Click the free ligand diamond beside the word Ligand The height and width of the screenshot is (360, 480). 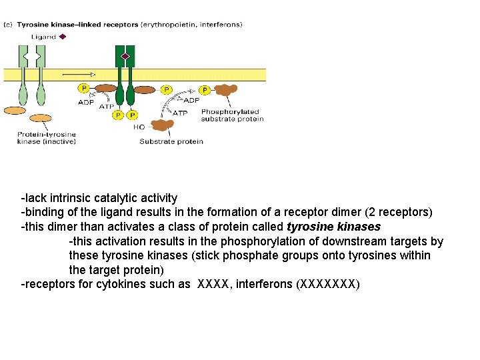click(63, 37)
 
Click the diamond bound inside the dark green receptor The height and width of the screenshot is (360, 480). click(125, 56)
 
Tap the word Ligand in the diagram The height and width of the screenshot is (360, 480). click(43, 37)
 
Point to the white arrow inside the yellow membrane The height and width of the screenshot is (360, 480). click(79, 73)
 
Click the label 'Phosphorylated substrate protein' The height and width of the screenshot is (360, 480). click(232, 115)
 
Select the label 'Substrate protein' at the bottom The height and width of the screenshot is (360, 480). click(171, 141)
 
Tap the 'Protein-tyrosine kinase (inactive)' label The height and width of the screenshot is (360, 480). click(47, 137)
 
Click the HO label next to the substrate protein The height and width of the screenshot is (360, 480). click(139, 127)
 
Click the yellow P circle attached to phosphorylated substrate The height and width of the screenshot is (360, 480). click(205, 89)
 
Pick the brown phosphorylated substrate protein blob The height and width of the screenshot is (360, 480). click(225, 91)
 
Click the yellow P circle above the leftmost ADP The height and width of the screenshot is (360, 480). click(84, 88)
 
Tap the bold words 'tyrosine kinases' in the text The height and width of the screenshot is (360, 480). click(333, 227)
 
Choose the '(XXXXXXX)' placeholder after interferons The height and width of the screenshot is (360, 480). click(327, 285)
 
